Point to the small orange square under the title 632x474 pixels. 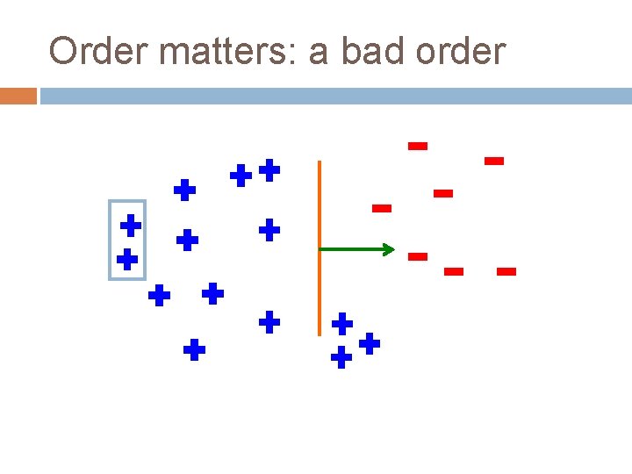[18, 96]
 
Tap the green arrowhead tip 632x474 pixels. [393, 250]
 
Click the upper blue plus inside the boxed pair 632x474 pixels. [131, 225]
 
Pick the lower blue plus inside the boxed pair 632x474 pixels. [127, 259]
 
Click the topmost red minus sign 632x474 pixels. [418, 146]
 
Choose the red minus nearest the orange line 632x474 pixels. [381, 208]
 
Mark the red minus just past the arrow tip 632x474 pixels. [417, 256]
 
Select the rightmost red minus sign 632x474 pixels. [506, 272]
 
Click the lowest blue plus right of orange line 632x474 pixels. [341, 357]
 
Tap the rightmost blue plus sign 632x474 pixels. [370, 342]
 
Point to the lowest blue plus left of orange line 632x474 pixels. [194, 351]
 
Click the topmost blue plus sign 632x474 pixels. [269, 169]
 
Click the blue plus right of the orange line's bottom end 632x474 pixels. [342, 324]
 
